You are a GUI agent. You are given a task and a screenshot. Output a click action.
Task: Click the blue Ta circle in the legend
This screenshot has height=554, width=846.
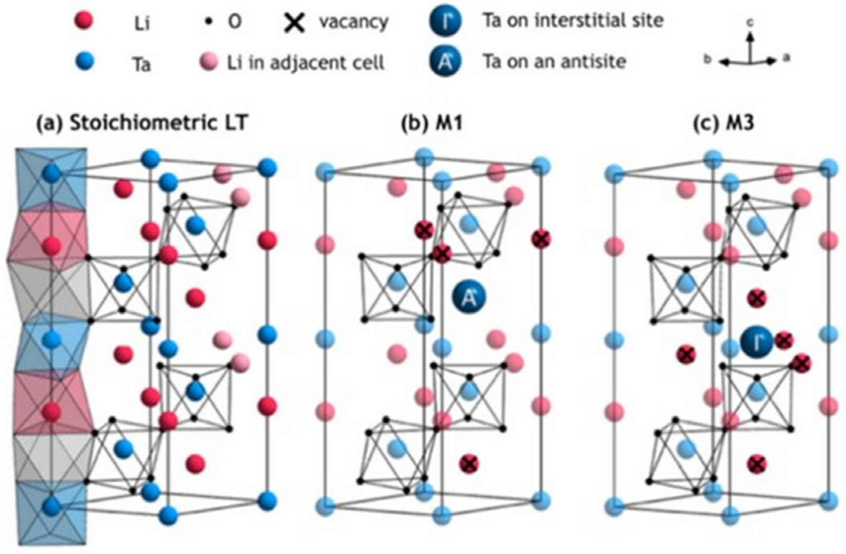pyautogui.click(x=84, y=62)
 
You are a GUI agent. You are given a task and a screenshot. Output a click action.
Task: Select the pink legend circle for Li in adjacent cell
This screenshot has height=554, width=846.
pyautogui.click(x=209, y=62)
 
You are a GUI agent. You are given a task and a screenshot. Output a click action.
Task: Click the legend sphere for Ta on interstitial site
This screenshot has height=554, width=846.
pyautogui.click(x=446, y=21)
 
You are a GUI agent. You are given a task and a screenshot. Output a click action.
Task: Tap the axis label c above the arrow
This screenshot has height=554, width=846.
pyautogui.click(x=750, y=23)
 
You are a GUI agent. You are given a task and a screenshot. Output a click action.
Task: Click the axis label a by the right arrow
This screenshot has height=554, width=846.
pyautogui.click(x=786, y=58)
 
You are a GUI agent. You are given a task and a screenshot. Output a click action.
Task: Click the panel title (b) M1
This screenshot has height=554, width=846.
pyautogui.click(x=431, y=123)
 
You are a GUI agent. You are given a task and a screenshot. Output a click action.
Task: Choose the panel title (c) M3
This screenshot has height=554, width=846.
pyautogui.click(x=723, y=123)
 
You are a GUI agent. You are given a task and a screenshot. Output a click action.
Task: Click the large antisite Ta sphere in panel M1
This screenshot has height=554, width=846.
pyautogui.click(x=469, y=297)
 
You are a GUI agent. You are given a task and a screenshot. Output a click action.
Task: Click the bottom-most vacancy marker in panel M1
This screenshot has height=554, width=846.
pyautogui.click(x=469, y=464)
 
